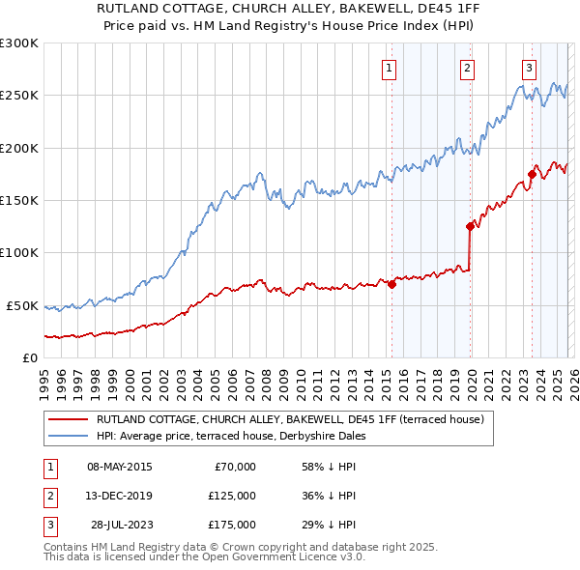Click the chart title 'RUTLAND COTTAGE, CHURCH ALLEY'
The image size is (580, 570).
(289, 8)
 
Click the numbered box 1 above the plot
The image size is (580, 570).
(389, 68)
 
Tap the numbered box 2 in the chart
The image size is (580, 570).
(467, 68)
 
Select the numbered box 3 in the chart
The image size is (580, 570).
(530, 68)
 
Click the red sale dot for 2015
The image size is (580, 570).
(391, 284)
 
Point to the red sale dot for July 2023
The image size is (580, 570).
(532, 175)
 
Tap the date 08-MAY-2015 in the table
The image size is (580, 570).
(119, 467)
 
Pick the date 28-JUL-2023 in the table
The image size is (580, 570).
(119, 525)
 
